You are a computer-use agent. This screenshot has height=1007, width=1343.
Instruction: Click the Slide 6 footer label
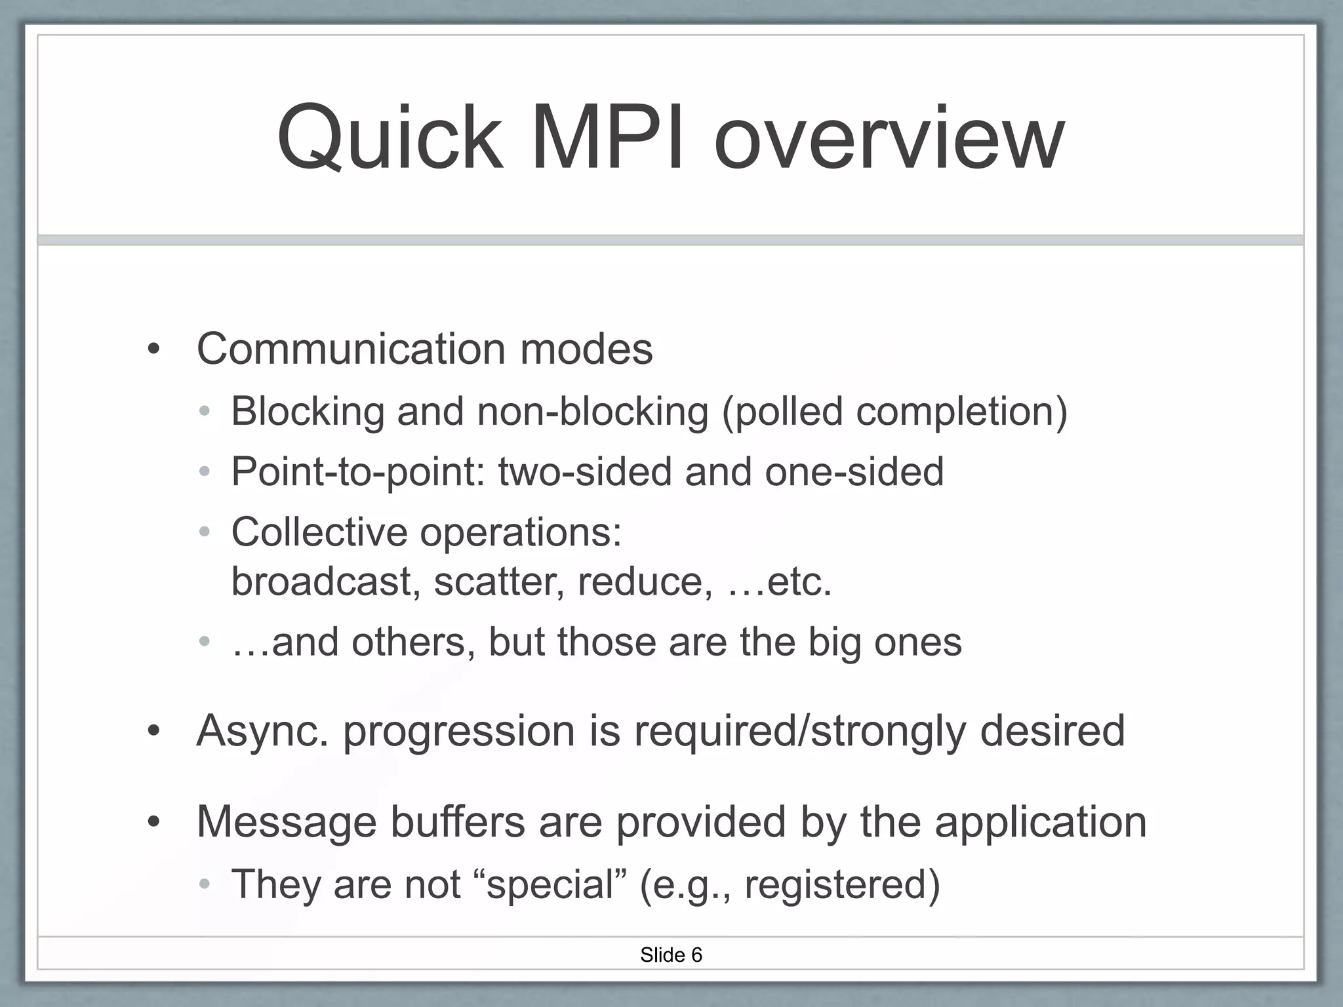pos(671,955)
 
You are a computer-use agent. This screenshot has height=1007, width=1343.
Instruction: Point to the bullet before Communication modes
pos(153,349)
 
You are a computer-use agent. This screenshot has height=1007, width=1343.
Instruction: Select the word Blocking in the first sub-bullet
pos(308,412)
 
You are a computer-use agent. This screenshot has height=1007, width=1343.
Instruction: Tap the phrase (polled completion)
pos(894,412)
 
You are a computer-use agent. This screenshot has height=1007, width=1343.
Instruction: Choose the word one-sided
pos(854,472)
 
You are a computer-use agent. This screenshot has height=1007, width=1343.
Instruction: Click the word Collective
pos(319,532)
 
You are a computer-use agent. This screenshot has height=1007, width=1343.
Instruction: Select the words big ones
pos(885,642)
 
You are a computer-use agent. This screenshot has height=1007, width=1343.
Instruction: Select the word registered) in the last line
pos(842,884)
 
